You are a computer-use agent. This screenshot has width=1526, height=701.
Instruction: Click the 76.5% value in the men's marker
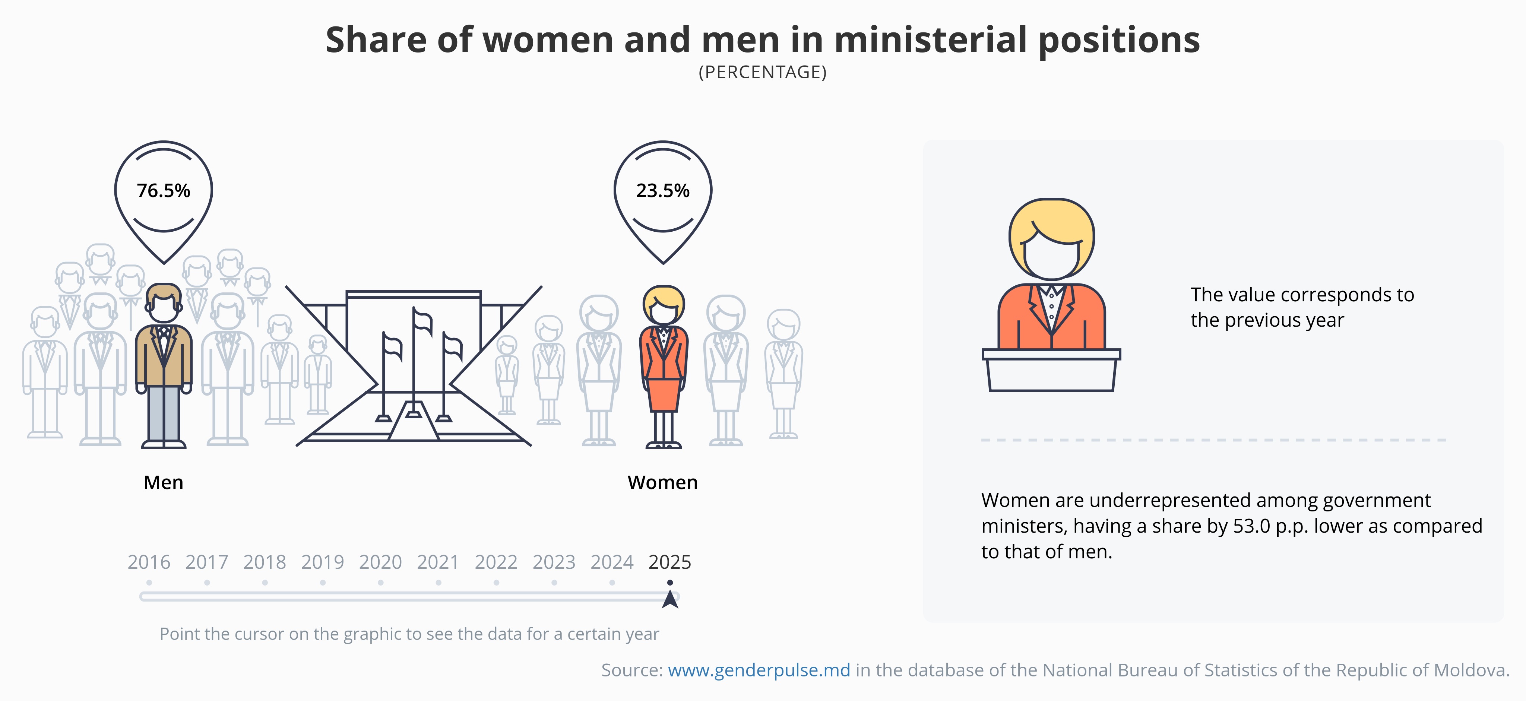pos(164,191)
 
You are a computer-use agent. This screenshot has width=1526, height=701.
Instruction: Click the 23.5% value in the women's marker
pos(663,191)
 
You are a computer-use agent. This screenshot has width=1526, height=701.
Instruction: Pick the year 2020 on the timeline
pos(380,562)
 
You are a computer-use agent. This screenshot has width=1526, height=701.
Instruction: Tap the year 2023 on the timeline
pos(554,562)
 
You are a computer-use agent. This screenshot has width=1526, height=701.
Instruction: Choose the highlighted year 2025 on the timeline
pos(670,562)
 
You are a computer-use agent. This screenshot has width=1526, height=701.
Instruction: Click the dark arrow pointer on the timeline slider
pos(670,599)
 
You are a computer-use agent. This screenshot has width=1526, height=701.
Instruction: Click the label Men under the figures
pos(164,482)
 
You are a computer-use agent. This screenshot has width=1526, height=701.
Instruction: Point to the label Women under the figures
pos(663,482)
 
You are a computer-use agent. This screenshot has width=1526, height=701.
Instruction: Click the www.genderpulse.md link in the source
pos(759,670)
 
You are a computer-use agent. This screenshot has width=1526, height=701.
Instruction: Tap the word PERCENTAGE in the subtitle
pos(763,72)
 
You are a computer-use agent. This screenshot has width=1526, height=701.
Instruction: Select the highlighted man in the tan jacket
pos(164,366)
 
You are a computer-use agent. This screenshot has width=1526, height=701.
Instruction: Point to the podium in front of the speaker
pos(1051,370)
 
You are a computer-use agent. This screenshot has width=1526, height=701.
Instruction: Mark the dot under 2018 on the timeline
pos(265,583)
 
